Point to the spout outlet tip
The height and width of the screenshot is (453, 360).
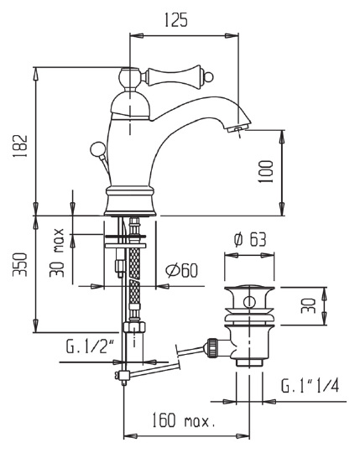coord(238,128)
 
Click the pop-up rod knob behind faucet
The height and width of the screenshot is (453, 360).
coord(96,152)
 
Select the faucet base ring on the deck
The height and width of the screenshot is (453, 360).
coord(131,202)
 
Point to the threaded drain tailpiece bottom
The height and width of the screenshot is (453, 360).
coord(249,359)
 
